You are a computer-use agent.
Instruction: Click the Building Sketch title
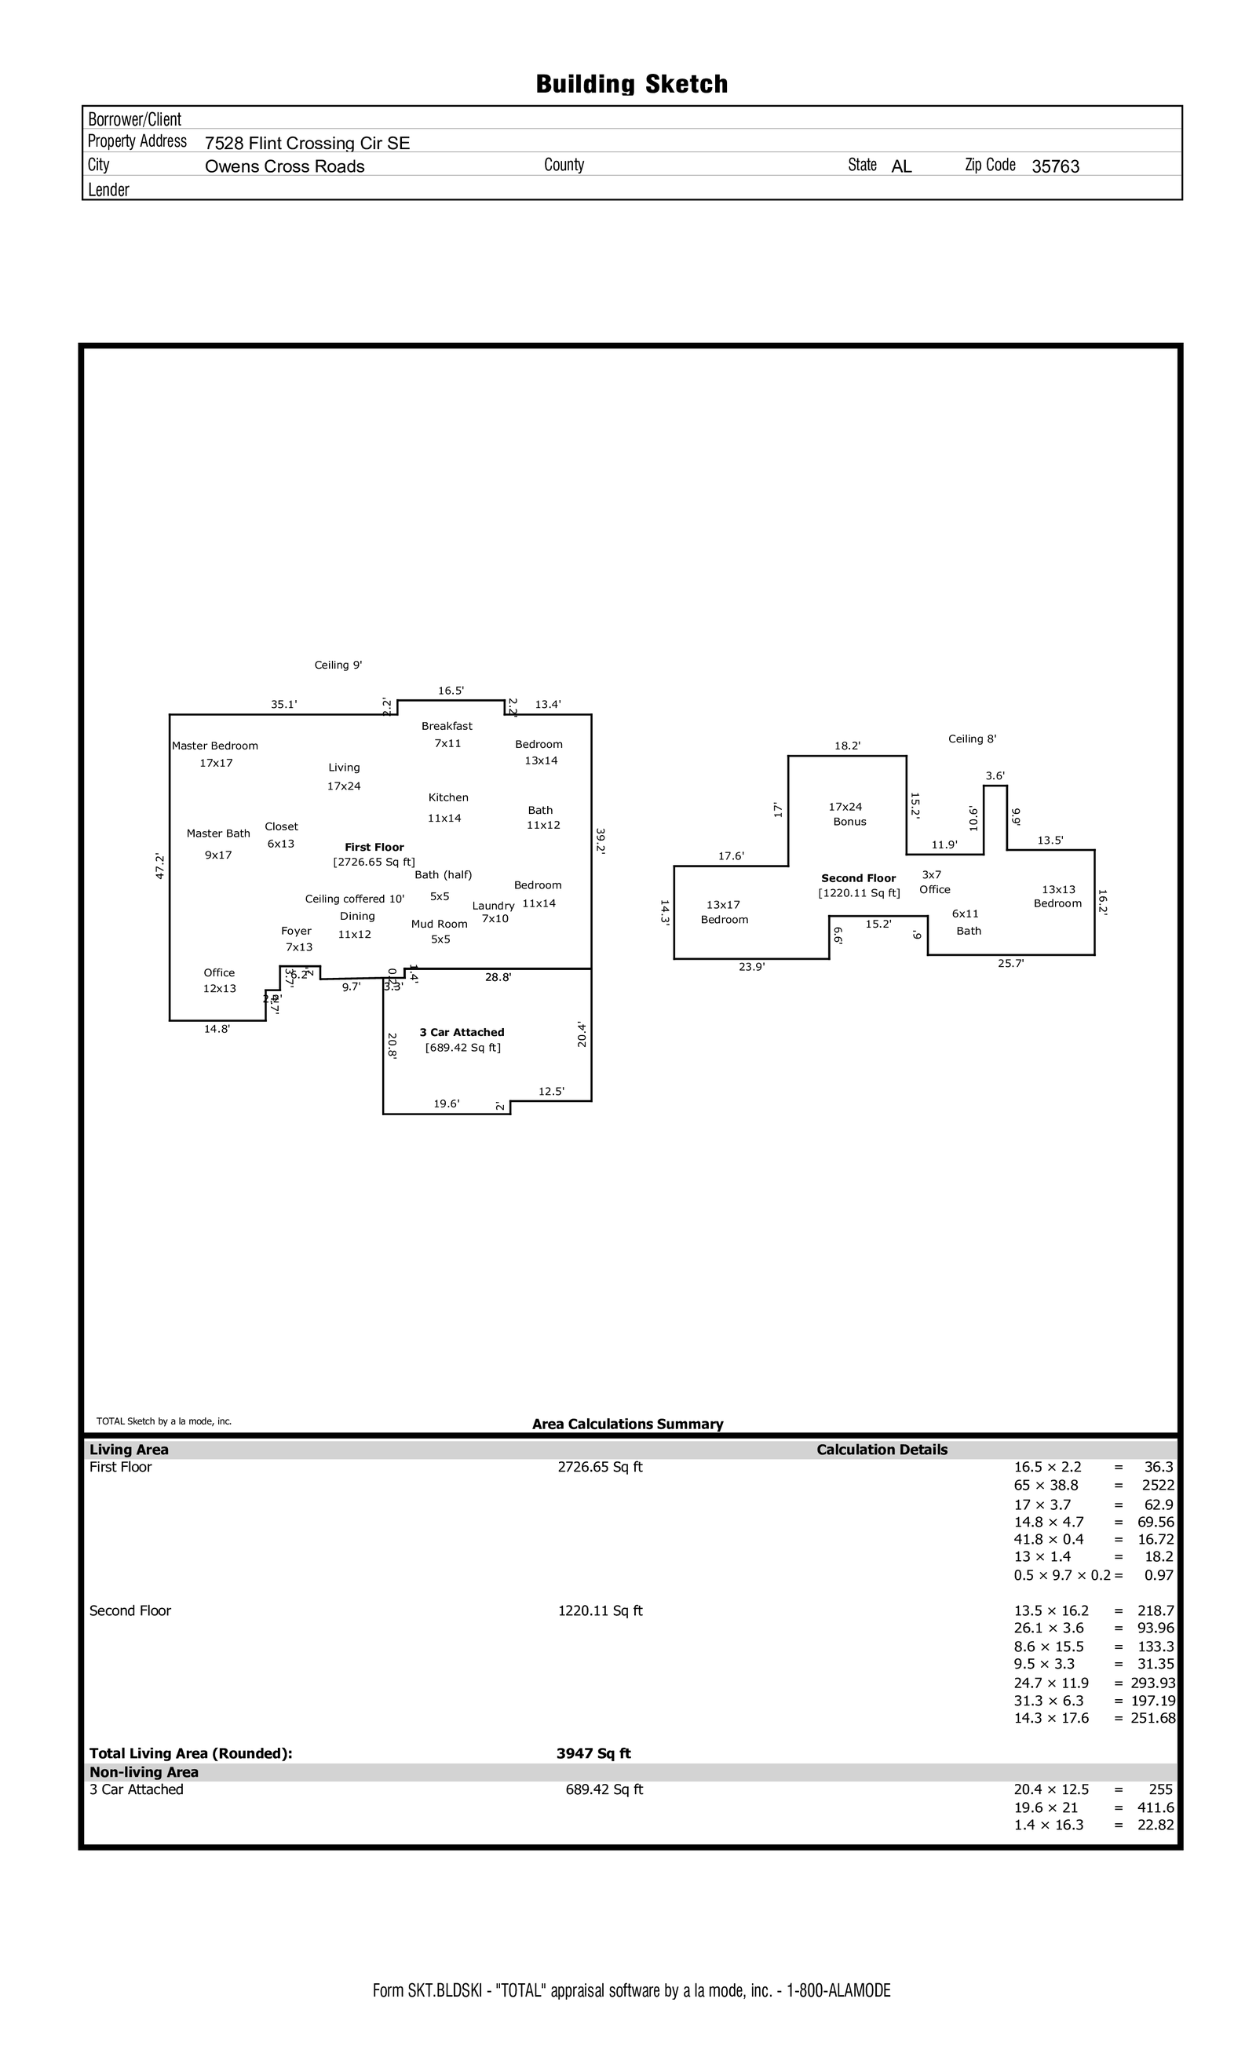(x=631, y=84)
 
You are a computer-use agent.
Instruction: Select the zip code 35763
(x=1055, y=166)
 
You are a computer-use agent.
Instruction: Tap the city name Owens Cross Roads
(x=285, y=166)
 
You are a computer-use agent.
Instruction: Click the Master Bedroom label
(x=215, y=746)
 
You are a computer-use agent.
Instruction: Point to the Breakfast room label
(x=447, y=726)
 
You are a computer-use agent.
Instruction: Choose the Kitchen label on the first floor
(x=448, y=797)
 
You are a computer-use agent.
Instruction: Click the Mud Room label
(x=439, y=924)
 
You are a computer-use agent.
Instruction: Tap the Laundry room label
(x=493, y=906)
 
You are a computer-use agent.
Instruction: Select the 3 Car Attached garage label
(x=462, y=1032)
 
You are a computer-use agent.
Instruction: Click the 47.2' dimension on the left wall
(x=159, y=866)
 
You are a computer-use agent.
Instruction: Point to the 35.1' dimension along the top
(x=283, y=704)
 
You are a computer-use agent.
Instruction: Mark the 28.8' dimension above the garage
(x=498, y=977)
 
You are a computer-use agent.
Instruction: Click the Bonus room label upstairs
(x=849, y=822)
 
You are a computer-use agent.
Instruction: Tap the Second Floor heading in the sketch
(x=858, y=878)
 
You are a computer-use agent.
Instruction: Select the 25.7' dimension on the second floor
(x=1011, y=964)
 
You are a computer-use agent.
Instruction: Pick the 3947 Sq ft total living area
(x=593, y=1753)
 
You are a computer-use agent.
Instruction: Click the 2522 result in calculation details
(x=1158, y=1485)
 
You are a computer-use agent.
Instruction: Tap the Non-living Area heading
(x=144, y=1772)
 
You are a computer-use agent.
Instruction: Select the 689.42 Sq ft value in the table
(x=604, y=1789)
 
